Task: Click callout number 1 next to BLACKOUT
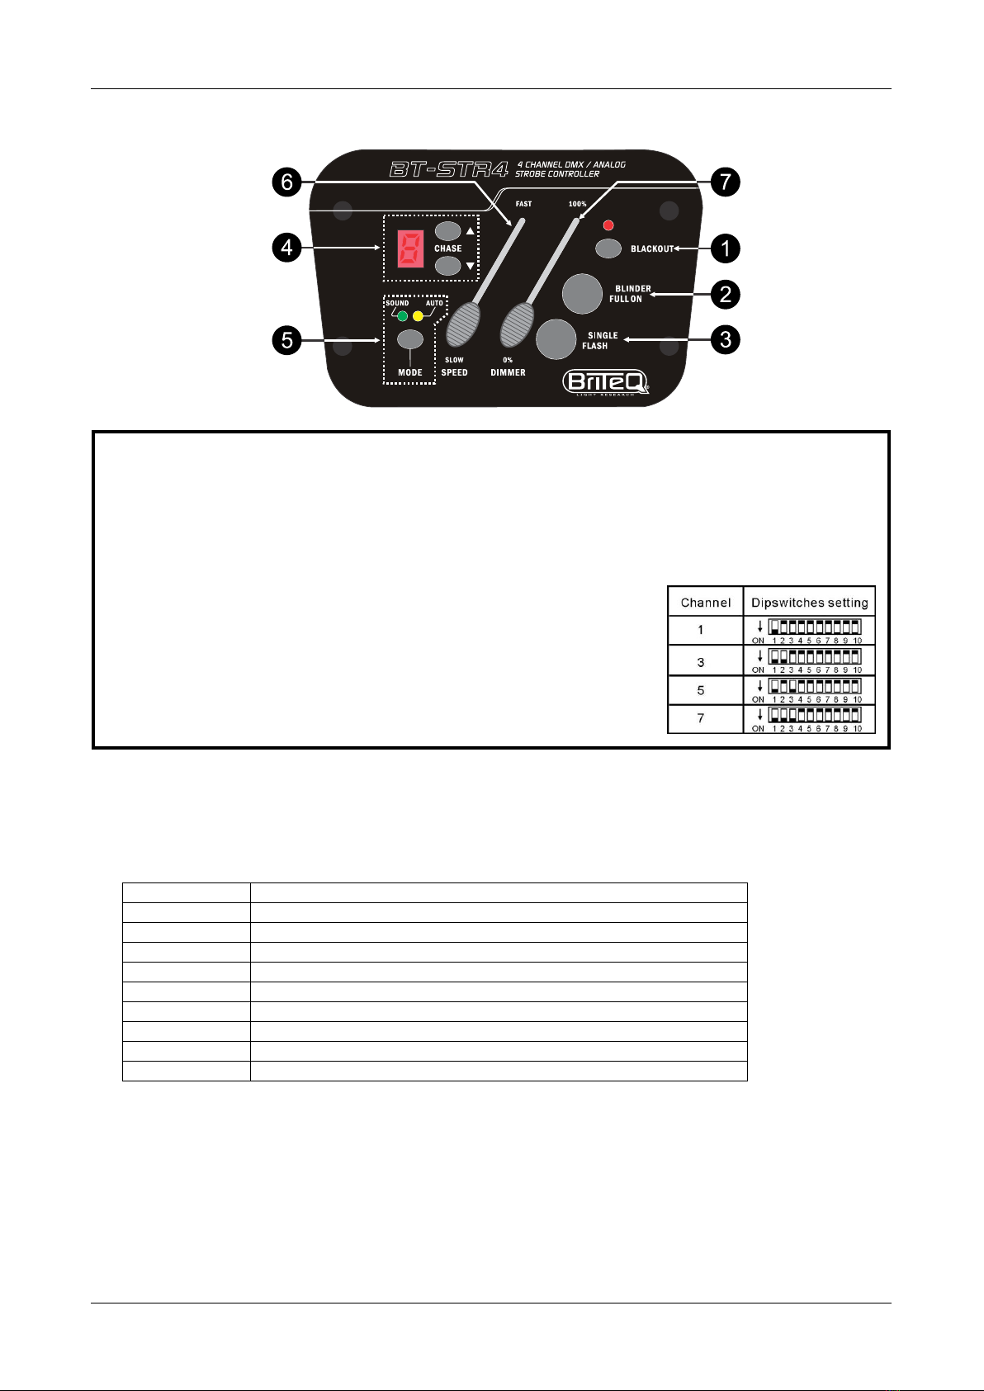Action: (x=725, y=248)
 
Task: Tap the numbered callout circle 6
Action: (x=286, y=182)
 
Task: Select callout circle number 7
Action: (x=725, y=182)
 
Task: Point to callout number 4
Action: (x=286, y=248)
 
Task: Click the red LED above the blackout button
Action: (x=609, y=225)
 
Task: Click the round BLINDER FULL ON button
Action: (x=582, y=294)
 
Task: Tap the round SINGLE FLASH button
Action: (x=556, y=338)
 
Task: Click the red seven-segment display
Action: (x=410, y=248)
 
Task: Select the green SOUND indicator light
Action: (x=402, y=316)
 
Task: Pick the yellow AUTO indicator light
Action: (x=418, y=316)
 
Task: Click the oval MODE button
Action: (x=410, y=339)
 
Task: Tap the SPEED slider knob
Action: (x=463, y=324)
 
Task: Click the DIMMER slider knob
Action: (x=518, y=324)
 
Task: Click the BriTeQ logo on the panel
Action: (x=605, y=382)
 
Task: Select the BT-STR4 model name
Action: (x=448, y=170)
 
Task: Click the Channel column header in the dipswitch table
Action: (x=705, y=603)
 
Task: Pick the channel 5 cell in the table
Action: (x=701, y=690)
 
